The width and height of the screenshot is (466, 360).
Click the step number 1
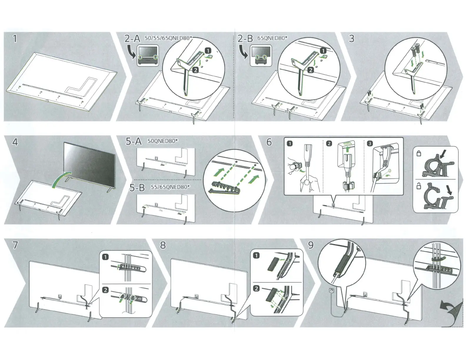coord(14,39)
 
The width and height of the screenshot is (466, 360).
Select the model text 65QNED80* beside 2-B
coord(272,38)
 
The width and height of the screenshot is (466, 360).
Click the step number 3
coord(351,39)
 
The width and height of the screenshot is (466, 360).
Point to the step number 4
coord(15,142)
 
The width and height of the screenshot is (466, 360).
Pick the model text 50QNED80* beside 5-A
coord(163,141)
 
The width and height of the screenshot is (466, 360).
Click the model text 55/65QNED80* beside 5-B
coord(170,187)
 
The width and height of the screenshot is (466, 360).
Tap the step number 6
coord(269,142)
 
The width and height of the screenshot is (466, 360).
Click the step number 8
coord(163,245)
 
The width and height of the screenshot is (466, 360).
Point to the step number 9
coord(310,245)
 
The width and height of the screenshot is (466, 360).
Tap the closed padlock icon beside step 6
coord(419,154)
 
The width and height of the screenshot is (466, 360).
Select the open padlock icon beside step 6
coord(419,186)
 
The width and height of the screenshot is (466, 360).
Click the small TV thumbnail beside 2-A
coord(147,56)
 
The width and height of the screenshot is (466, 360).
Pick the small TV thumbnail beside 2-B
coord(260,56)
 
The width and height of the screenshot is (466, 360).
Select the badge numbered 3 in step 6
coord(370,144)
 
